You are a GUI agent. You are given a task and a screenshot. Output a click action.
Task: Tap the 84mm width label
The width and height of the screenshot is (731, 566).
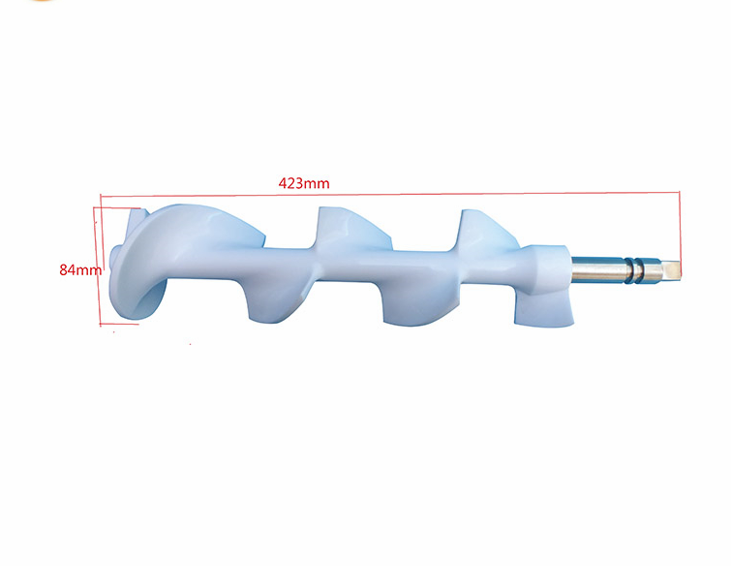click(x=79, y=270)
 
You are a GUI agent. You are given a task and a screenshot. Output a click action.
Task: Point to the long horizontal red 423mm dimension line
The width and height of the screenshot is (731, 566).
click(x=387, y=191)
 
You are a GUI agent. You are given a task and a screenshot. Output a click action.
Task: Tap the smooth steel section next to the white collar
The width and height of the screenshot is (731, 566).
click(x=595, y=268)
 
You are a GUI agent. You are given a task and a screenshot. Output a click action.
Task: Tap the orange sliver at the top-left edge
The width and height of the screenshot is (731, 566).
click(x=39, y=2)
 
